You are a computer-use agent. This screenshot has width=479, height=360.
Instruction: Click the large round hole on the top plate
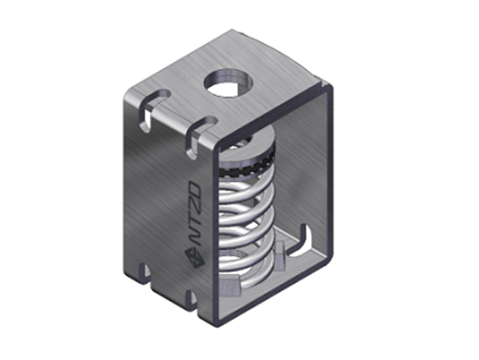click(x=229, y=82)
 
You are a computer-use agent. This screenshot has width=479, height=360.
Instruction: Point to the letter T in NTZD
click(x=196, y=220)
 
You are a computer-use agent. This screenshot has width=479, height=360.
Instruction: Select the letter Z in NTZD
click(x=195, y=206)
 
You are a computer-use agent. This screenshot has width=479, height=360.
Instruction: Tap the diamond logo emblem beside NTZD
click(x=194, y=256)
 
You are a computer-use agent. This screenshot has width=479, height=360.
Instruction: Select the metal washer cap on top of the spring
click(x=246, y=146)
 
